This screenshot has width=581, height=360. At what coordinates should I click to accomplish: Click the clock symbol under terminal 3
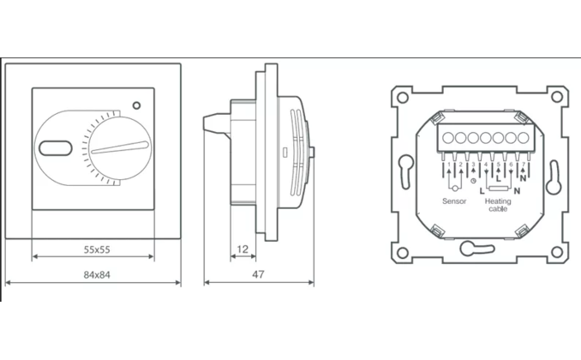click(473, 181)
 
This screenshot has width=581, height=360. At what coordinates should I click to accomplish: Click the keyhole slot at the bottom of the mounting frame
click(470, 249)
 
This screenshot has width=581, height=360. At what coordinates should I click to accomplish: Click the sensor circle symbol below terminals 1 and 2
click(452, 183)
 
